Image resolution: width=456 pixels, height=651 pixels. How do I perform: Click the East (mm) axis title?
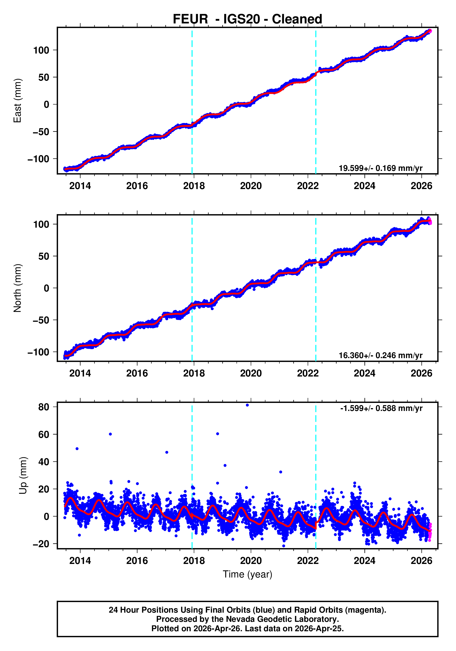point(18,101)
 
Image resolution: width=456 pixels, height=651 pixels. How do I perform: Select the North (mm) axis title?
point(18,288)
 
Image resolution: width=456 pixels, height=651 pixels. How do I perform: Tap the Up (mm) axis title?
point(23,475)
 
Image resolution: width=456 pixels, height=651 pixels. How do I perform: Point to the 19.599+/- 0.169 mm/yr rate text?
point(380,168)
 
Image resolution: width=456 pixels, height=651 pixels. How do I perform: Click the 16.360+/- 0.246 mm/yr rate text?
point(380,355)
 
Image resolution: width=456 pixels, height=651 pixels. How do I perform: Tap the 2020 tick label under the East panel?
point(251,186)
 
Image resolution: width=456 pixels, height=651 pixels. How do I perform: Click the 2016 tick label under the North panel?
point(137,373)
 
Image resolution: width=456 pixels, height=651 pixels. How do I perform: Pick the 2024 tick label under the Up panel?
point(364,560)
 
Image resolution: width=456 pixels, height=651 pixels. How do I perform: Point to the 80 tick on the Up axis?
point(44,407)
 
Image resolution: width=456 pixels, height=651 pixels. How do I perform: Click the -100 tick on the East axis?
point(38,159)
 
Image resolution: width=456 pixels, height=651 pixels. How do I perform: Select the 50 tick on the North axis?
point(44,256)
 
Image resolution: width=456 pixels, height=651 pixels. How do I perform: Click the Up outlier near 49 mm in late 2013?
point(77,449)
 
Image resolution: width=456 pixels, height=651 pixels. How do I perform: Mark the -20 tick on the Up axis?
point(41,544)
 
